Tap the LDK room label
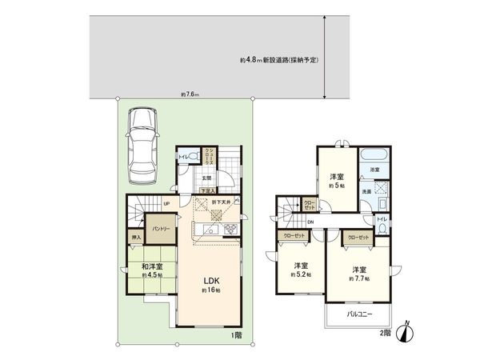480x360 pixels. click(x=210, y=281)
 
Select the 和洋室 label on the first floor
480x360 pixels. click(x=152, y=267)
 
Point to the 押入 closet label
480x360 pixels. click(x=136, y=237)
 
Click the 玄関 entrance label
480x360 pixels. click(x=206, y=178)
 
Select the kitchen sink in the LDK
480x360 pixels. click(x=206, y=231)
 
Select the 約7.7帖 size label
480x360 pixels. click(x=357, y=278)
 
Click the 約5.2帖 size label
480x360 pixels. click(x=302, y=274)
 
